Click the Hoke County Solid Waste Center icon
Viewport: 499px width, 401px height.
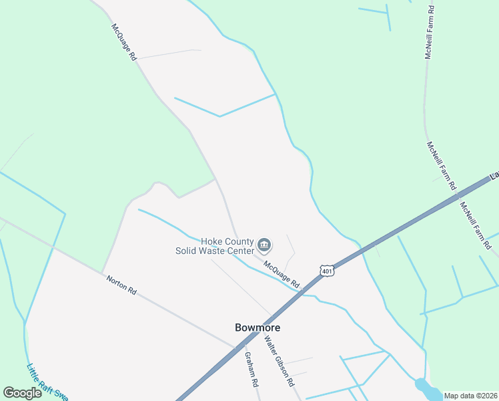pos(264,245)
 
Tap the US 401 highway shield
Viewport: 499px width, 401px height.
pos(326,271)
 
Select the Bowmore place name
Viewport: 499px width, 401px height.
pos(258,327)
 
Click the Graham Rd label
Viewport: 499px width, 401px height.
pos(251,370)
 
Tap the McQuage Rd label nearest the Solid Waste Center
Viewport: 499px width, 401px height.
pos(282,275)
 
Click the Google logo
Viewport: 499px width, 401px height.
pos(22,392)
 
